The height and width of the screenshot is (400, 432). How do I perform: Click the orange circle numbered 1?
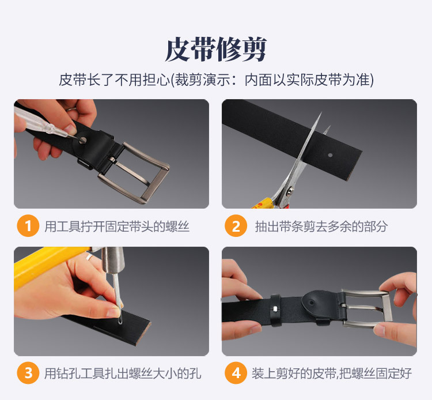click(28, 226)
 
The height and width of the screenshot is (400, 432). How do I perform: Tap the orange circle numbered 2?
click(236, 226)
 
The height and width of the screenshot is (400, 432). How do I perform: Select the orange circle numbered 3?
click(28, 373)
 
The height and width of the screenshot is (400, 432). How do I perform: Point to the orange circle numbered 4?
click(236, 373)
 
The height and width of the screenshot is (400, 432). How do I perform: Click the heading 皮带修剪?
click(216, 50)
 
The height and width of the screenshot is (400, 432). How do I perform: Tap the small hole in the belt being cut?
click(331, 155)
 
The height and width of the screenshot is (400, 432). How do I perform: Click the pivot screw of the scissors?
click(290, 191)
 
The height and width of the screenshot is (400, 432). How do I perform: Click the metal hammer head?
click(113, 261)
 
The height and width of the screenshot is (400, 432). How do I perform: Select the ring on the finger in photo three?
click(89, 258)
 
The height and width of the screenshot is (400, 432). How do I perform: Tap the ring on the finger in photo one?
click(71, 110)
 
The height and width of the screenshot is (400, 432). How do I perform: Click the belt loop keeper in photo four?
click(275, 310)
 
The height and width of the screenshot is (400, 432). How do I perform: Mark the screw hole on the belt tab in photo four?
click(311, 303)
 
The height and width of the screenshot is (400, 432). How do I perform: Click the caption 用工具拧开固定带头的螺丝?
click(117, 227)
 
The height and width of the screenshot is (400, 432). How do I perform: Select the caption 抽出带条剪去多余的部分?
click(321, 227)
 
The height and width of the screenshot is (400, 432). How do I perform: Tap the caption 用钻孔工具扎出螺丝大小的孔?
click(123, 373)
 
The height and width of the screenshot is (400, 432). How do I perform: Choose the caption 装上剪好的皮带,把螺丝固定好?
click(331, 373)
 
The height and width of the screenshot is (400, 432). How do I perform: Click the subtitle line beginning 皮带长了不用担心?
click(216, 80)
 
